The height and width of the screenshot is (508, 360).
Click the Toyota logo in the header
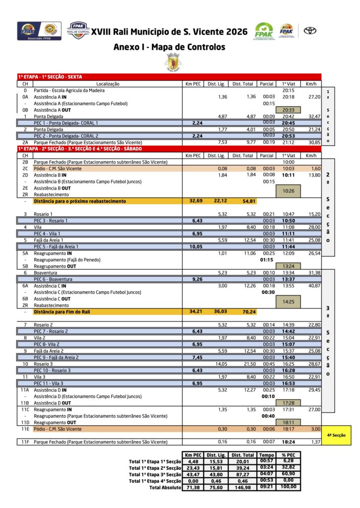310,31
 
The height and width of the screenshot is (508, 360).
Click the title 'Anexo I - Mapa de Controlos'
169,47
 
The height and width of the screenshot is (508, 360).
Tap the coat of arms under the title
173,63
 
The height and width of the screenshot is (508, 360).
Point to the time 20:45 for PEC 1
288,123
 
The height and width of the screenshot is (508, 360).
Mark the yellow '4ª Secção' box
337,435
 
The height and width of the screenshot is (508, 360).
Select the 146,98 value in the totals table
243,487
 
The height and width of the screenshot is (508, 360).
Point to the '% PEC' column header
288,455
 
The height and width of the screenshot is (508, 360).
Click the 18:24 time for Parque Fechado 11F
288,442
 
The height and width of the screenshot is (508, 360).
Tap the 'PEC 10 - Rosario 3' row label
52,370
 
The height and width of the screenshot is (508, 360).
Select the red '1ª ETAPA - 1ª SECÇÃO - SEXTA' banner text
50,77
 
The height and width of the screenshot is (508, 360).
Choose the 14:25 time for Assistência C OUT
288,302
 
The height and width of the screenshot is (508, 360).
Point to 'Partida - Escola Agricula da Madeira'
69,90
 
